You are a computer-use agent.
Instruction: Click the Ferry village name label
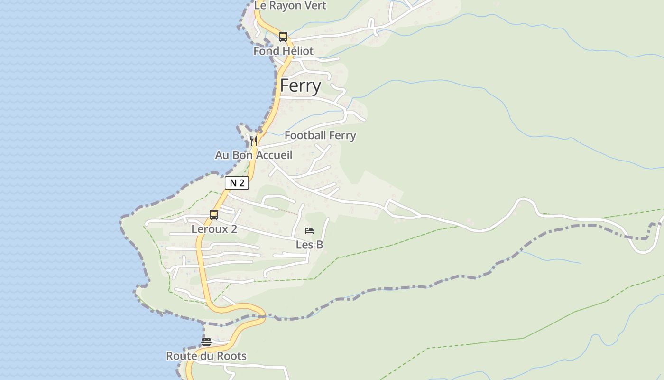click(x=300, y=86)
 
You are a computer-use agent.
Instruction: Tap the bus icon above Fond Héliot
click(x=283, y=37)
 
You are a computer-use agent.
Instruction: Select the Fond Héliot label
click(x=283, y=51)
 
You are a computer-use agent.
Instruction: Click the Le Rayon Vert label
click(x=290, y=6)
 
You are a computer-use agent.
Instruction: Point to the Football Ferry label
click(x=320, y=135)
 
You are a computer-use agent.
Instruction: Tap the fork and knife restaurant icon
click(x=254, y=141)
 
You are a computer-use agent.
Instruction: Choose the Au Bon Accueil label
click(x=253, y=155)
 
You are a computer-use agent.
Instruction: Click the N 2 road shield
click(x=237, y=183)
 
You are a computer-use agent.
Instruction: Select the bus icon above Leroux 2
click(x=214, y=215)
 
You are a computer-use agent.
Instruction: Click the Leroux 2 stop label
click(x=214, y=229)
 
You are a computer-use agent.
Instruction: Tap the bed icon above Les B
click(x=309, y=231)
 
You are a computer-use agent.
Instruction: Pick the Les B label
click(x=309, y=245)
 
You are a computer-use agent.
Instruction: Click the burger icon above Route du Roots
click(x=206, y=342)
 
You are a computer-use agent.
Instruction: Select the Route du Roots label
click(x=206, y=356)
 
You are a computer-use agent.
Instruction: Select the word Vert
click(x=315, y=6)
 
